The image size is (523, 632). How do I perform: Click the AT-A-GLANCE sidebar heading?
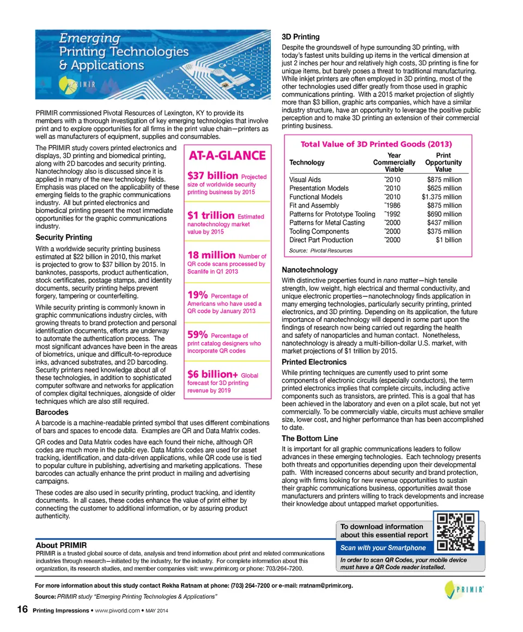[x=227, y=156]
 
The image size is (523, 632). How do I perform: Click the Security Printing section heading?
[x=64, y=238]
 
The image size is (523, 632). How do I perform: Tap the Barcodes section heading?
[x=52, y=412]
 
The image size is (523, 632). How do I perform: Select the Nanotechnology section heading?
[x=309, y=270]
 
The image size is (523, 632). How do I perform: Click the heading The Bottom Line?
[x=309, y=438]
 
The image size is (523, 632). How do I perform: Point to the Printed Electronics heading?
[x=314, y=362]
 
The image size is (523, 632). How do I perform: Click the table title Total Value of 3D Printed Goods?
[x=376, y=144]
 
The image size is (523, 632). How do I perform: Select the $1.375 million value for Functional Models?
[x=441, y=197]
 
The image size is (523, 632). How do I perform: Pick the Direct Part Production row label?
[x=321, y=240]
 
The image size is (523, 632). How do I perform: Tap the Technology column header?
[x=307, y=162]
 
